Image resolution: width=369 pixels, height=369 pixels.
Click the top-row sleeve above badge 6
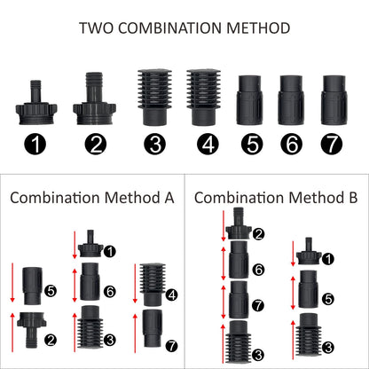click(292, 98)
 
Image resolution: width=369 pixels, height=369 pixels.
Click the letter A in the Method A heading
click(169, 197)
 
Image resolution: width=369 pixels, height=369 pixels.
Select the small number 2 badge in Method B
click(258, 234)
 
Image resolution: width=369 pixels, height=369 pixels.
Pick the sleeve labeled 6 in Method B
click(239, 264)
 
